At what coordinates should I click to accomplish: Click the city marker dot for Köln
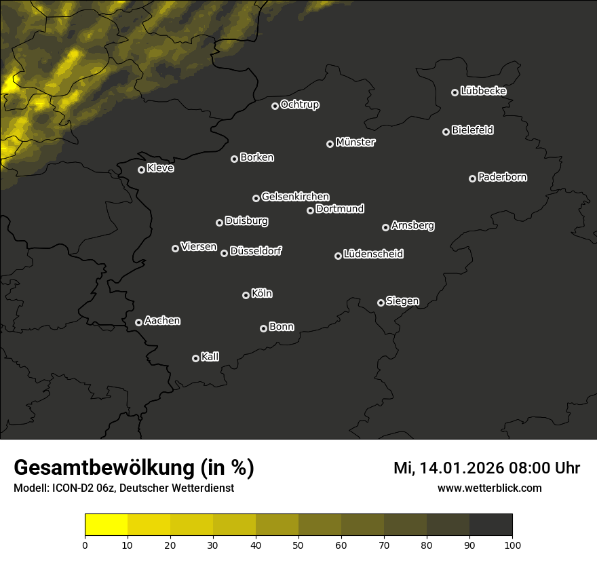(246, 295)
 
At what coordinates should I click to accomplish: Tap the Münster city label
(355, 142)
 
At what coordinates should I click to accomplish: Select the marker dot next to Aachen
(138, 322)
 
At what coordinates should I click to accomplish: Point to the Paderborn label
(502, 177)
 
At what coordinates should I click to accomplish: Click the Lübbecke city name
(483, 91)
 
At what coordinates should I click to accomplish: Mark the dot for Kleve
(141, 170)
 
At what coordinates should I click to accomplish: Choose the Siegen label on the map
(402, 301)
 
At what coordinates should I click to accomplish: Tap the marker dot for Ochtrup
(275, 106)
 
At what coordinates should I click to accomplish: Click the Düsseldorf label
(256, 251)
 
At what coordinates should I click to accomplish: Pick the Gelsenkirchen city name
(295, 197)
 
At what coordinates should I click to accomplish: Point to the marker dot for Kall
(195, 358)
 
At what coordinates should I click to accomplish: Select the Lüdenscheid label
(373, 254)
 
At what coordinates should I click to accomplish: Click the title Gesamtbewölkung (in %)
(134, 467)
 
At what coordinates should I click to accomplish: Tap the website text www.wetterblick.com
(489, 488)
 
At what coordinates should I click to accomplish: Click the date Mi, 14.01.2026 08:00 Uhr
(486, 468)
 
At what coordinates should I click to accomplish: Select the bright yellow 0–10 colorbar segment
(107, 524)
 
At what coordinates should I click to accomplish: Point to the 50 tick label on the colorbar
(298, 545)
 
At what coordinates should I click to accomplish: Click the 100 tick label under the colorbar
(512, 545)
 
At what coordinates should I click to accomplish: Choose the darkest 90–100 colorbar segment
(490, 524)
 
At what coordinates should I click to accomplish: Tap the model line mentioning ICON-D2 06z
(123, 488)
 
